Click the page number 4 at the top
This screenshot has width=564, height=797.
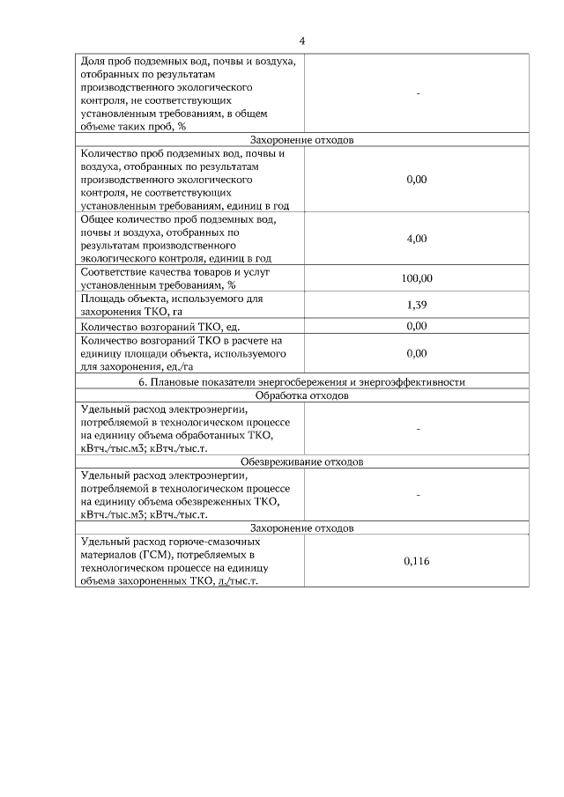click(x=302, y=41)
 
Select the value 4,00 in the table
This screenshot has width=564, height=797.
click(x=417, y=239)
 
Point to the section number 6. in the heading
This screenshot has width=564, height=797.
click(x=144, y=382)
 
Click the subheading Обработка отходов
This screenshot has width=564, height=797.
click(x=302, y=395)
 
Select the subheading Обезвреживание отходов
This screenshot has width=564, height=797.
click(x=302, y=461)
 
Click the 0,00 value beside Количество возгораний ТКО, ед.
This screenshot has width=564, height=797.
click(x=417, y=327)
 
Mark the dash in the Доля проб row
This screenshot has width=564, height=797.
click(x=418, y=93)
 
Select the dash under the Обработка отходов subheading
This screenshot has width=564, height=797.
click(x=418, y=429)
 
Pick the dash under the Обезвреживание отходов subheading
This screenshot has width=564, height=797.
click(x=418, y=495)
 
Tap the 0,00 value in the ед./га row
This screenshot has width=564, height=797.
click(x=417, y=353)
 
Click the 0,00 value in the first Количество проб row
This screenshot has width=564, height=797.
click(x=417, y=179)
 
